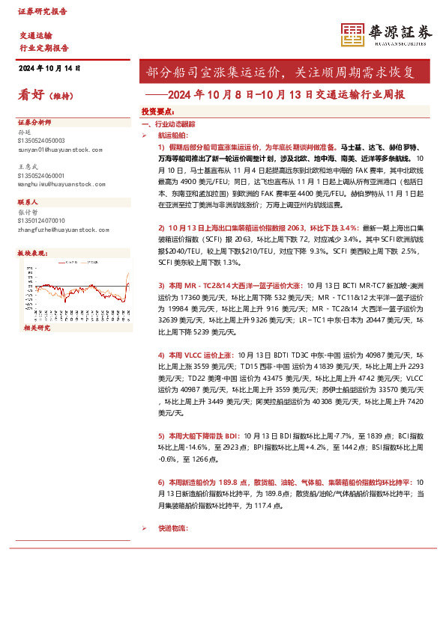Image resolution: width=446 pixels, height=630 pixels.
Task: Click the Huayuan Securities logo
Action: pos(387,34)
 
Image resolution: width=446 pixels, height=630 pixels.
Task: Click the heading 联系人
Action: pos(28,203)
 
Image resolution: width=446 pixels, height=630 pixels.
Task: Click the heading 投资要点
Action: pos(157,111)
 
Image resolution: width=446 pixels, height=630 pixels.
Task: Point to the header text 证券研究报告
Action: pos(42,12)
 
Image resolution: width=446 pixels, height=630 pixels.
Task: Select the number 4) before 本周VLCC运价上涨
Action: pos(160,354)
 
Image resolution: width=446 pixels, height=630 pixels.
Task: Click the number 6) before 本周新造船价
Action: pos(160,483)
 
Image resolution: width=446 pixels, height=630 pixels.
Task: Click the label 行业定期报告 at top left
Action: pos(43,47)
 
